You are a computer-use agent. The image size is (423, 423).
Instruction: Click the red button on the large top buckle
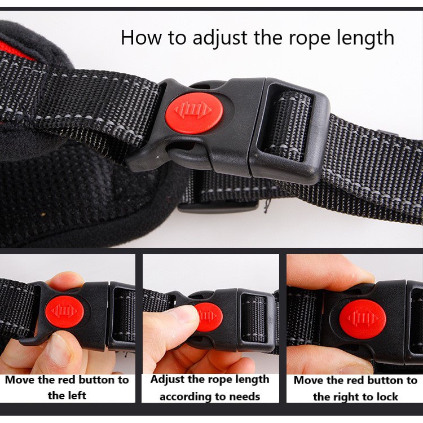[x=194, y=113]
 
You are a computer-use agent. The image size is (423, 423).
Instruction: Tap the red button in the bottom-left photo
[x=64, y=312]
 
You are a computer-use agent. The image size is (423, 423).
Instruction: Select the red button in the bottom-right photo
[x=363, y=319]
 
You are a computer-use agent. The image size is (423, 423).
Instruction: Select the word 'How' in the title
[x=142, y=37]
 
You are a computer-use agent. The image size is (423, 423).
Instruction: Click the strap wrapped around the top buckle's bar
[x=289, y=126]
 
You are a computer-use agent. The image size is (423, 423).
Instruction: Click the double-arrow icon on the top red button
[x=193, y=110]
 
